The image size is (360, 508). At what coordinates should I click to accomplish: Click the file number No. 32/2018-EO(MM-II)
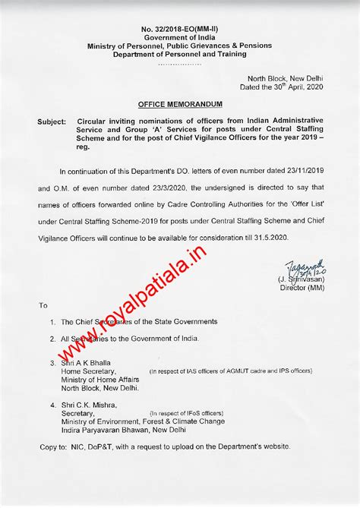pyautogui.click(x=180, y=28)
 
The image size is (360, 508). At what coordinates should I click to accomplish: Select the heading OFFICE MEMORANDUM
pyautogui.click(x=180, y=102)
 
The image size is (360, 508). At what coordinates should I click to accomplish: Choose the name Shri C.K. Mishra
pyautogui.click(x=92, y=406)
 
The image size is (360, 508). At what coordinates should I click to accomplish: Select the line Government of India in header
pyautogui.click(x=180, y=36)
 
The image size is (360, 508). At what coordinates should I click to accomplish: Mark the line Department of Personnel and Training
pyautogui.click(x=180, y=54)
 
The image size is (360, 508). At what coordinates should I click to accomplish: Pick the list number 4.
pyautogui.click(x=51, y=406)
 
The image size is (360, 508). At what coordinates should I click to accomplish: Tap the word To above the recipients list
pyautogui.click(x=43, y=305)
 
